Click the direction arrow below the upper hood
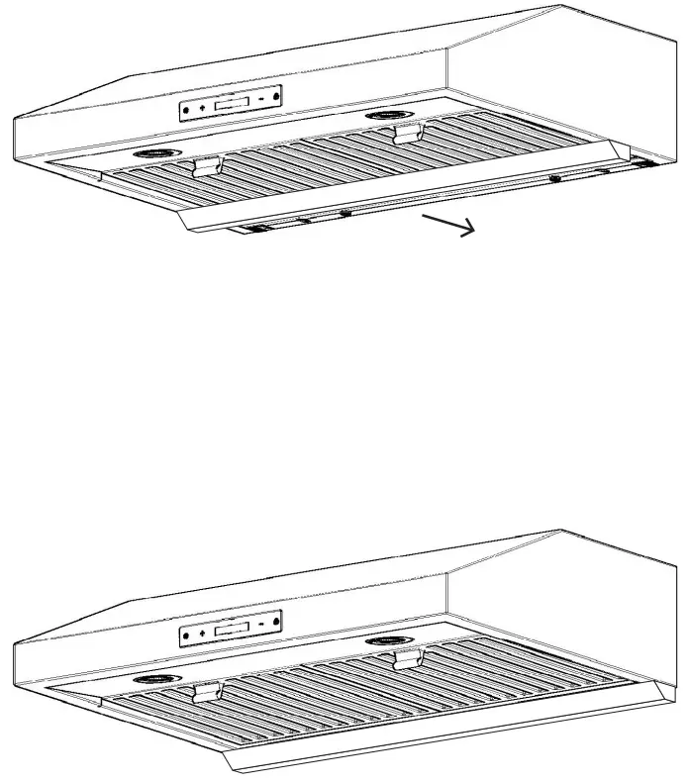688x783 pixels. pos(448,224)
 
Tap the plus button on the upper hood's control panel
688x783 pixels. pos(203,107)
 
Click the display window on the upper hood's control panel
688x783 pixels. pos(232,103)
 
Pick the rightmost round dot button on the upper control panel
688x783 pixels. pos(277,96)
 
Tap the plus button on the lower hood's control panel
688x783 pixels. pos(203,632)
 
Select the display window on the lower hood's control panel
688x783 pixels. pos(232,628)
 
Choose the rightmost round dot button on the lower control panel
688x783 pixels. pos(277,621)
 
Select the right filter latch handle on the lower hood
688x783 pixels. pos(407,657)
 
